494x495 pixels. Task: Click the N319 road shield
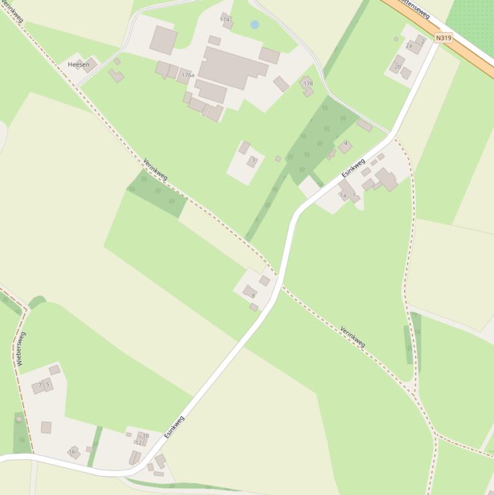443,38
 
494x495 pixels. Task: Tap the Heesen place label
78,65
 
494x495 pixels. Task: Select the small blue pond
254,25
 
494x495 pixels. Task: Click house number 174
224,20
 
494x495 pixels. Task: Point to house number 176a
188,75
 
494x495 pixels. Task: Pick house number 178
308,84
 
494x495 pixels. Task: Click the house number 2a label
409,46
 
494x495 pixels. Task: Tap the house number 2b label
398,67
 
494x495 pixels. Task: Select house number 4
346,143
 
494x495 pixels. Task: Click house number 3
253,159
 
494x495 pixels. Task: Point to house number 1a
343,195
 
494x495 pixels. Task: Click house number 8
253,295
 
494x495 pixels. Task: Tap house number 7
40,385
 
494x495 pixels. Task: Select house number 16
71,452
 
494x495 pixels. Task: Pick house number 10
146,435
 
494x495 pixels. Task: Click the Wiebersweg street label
21,349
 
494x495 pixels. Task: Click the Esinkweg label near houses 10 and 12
174,427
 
